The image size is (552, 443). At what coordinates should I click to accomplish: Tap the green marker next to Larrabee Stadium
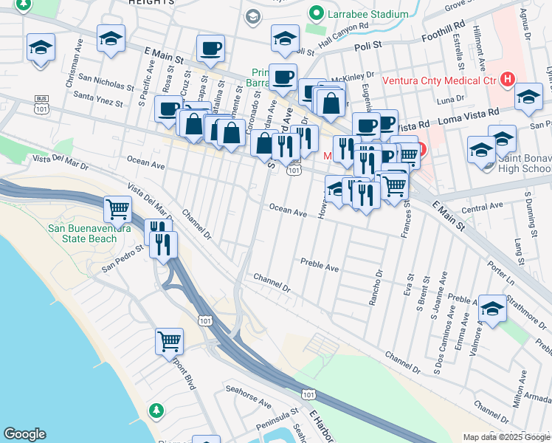coord(317,13)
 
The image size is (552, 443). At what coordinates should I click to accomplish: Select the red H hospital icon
coord(507,79)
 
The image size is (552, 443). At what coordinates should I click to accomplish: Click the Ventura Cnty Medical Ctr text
coord(440,79)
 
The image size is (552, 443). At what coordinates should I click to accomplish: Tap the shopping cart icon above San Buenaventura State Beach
coord(118,210)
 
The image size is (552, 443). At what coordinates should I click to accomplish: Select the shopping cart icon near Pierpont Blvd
coord(169,342)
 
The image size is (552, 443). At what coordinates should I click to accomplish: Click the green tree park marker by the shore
coord(156,410)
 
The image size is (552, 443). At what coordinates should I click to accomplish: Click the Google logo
coord(24,434)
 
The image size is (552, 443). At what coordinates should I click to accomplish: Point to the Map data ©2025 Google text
coord(506,437)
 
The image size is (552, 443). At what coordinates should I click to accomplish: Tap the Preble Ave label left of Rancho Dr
coord(319,264)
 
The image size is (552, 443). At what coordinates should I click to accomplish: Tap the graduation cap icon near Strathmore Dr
coord(492,309)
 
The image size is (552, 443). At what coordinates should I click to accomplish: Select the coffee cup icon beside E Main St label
coord(210,49)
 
